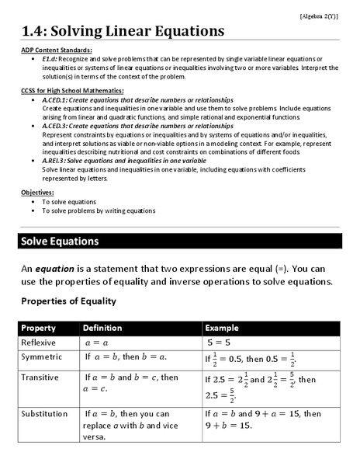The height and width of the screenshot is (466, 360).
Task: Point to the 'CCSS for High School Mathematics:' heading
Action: (73, 92)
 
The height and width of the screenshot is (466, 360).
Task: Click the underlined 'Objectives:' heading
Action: (37, 192)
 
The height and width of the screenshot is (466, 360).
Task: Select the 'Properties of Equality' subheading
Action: (68, 301)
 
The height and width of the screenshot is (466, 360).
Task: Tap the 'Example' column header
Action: (222, 328)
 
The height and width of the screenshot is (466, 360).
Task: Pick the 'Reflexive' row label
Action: (39, 342)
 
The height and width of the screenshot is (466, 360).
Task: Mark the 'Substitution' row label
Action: (43, 413)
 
